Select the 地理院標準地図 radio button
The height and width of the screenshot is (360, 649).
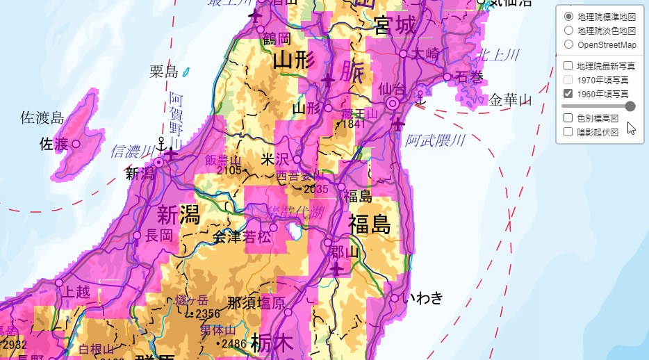pos(568,16)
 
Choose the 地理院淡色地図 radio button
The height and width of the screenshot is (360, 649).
pos(568,31)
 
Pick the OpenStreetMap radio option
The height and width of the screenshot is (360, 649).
pos(568,44)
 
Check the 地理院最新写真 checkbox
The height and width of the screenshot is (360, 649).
pos(568,66)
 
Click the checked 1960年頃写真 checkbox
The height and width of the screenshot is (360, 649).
pos(568,93)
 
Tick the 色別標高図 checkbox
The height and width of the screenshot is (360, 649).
pos(568,118)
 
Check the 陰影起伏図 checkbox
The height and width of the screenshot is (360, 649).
pos(568,131)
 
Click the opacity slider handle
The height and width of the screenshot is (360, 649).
pos(630,106)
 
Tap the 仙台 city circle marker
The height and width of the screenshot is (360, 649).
pos(393,104)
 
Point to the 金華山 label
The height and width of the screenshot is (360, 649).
pos(510,100)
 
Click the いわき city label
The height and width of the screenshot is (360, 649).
pos(426,299)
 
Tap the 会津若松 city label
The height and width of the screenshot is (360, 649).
pos(241,237)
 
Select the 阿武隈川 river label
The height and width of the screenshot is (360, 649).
pos(435,141)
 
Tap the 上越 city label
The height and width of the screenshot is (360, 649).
pos(77,292)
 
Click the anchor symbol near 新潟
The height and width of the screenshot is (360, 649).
pos(161,145)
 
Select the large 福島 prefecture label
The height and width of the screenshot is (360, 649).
pos(369,224)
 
